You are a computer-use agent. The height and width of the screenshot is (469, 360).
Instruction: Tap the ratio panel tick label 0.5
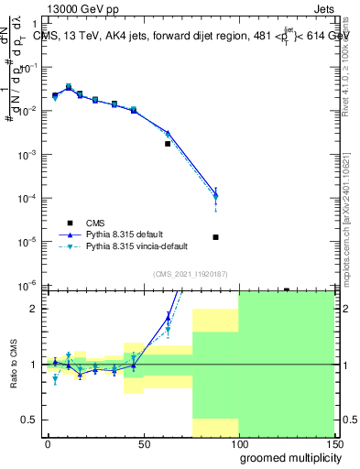pyautogui.click(x=30, y=420)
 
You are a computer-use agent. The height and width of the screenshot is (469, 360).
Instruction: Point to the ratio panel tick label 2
pyautogui.click(x=34, y=309)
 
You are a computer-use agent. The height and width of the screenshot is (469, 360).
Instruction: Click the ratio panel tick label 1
pyautogui.click(x=34, y=365)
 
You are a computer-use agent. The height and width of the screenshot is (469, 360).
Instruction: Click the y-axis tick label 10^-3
pyautogui.click(x=29, y=155)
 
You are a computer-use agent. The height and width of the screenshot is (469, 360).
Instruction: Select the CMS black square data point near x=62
pyautogui.click(x=168, y=144)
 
